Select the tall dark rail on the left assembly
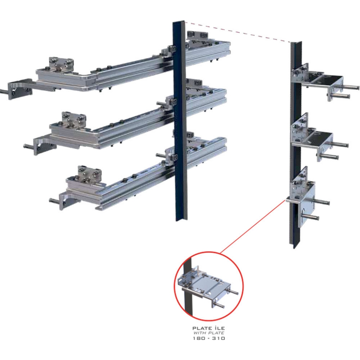click(180, 121)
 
